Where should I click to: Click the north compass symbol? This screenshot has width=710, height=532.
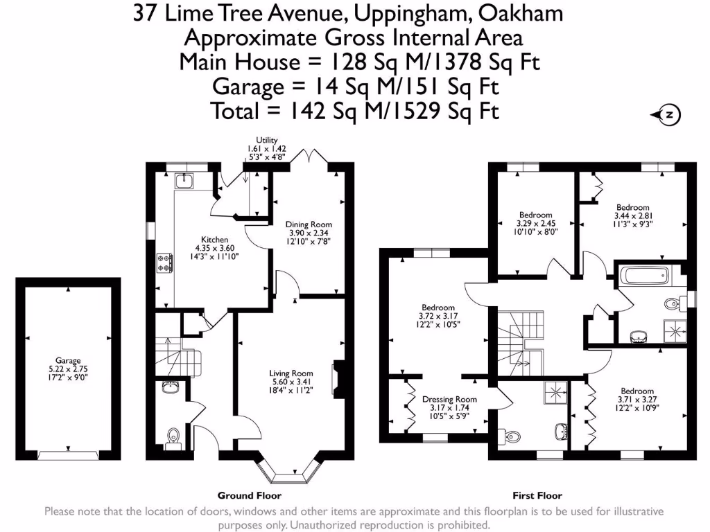coord(667,115)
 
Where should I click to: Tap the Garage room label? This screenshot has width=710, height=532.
coord(68,361)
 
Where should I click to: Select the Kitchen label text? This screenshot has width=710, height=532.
coord(214,240)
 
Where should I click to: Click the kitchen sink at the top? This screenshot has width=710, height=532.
coord(185,181)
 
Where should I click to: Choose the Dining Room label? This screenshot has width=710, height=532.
coord(309,224)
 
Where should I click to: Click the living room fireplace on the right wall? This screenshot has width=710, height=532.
coord(338,375)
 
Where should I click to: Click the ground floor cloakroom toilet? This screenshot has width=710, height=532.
coord(173,436)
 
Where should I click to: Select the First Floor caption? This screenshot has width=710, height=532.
coord(537,495)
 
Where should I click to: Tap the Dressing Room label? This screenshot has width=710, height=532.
coord(449,399)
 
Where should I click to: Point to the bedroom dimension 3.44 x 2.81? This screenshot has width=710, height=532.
coord(633,215)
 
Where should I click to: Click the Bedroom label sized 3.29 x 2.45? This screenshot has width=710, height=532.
coord(535,215)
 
